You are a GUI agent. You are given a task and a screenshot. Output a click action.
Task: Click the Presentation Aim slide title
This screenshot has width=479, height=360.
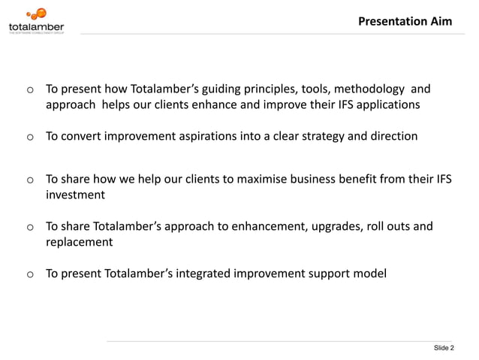[x=405, y=21]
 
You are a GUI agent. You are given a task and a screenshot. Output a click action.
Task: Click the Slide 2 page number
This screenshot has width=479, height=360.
[x=444, y=348]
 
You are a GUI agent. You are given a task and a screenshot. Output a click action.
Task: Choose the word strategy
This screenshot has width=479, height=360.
[x=322, y=136]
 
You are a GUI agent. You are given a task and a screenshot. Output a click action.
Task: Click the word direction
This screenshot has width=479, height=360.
[x=390, y=136]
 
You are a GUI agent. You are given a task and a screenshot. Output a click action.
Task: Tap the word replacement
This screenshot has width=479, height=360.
[x=79, y=242]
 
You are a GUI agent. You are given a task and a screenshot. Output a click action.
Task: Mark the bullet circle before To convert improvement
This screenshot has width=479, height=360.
[x=30, y=138]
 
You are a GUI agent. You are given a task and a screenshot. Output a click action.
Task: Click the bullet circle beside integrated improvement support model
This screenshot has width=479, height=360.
[x=30, y=275]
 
